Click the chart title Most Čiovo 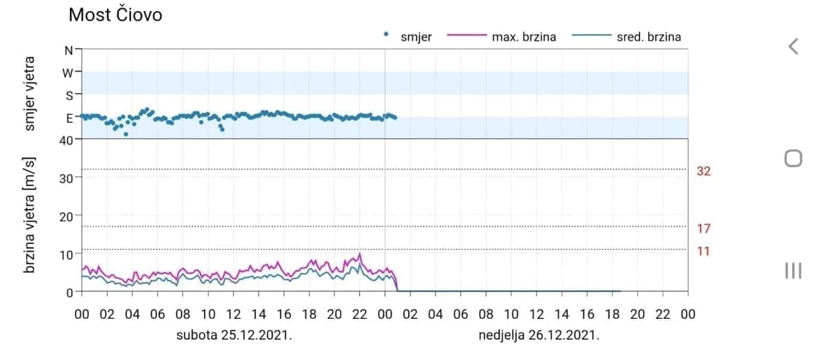coord(115,14)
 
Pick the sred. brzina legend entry coord(648,37)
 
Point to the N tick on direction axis coord(68,50)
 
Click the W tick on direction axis coord(68,71)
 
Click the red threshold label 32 coord(703,171)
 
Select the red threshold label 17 coord(703,228)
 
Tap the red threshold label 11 coord(703,252)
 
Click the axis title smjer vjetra coord(29,95)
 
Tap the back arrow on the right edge coord(793,47)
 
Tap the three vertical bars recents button coord(793,270)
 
